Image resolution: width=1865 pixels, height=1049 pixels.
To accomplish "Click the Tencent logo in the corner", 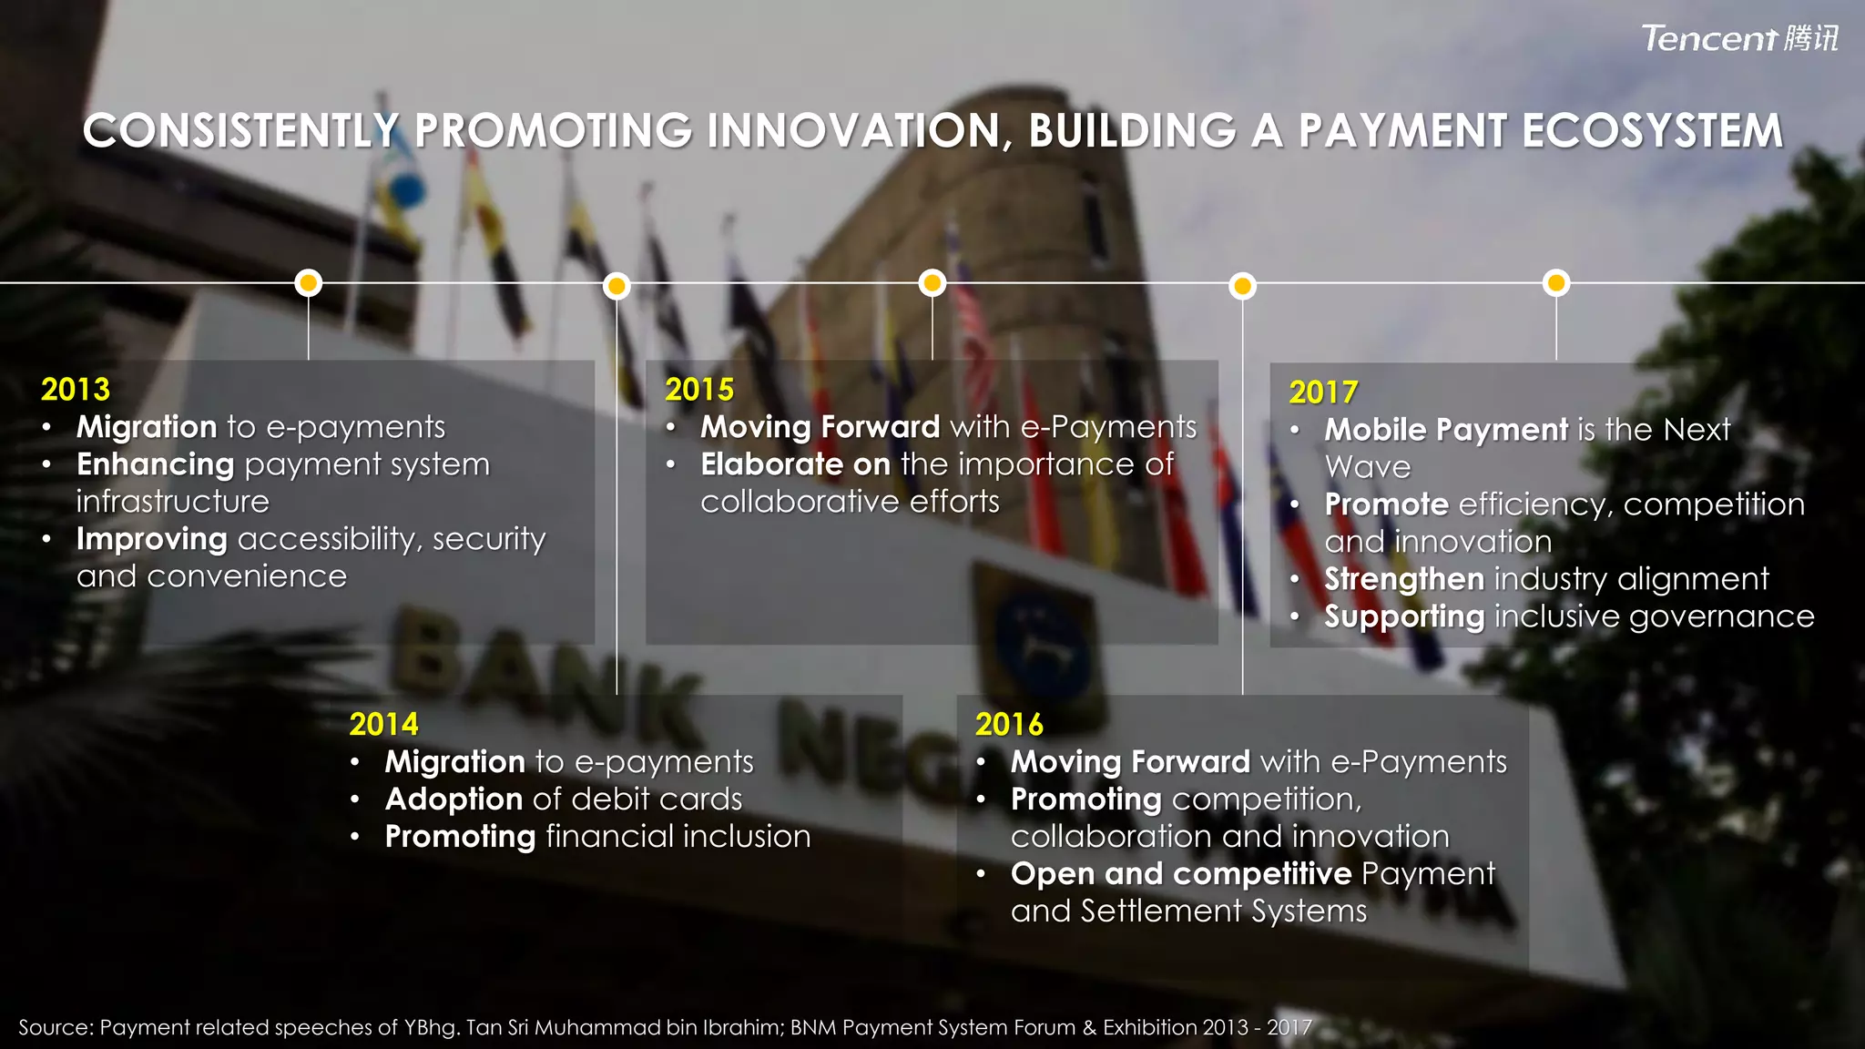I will [x=1739, y=38].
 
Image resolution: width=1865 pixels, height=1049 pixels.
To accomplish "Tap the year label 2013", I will [x=76, y=390].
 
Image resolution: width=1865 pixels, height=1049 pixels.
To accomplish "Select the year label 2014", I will [x=383, y=725].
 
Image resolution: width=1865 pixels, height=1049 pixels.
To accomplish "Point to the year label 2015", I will [x=699, y=390].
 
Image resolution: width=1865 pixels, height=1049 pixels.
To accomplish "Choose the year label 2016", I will [x=1009, y=725].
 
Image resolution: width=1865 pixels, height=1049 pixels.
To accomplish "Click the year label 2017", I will [x=1323, y=392].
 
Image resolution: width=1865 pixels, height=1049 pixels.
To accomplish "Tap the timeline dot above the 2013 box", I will [x=309, y=283].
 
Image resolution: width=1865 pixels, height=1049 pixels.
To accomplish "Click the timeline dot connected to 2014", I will [x=617, y=287].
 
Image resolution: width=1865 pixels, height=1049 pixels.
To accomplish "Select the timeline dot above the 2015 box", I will [x=932, y=283].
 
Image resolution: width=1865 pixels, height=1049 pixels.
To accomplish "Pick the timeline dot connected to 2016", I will [x=1242, y=287].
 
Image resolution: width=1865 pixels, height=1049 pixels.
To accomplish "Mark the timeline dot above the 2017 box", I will [x=1556, y=283].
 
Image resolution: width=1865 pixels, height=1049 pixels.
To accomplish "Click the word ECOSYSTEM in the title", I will [x=1652, y=131].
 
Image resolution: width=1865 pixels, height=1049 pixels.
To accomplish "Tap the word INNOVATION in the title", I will [x=859, y=131].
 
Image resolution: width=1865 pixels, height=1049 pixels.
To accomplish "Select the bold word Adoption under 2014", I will [x=454, y=799].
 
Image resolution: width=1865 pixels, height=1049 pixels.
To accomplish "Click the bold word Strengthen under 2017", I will [x=1404, y=579].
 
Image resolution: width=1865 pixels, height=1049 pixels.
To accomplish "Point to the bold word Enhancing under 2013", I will [x=156, y=464].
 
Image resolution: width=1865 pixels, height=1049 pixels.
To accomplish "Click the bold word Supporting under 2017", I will [x=1404, y=616].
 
